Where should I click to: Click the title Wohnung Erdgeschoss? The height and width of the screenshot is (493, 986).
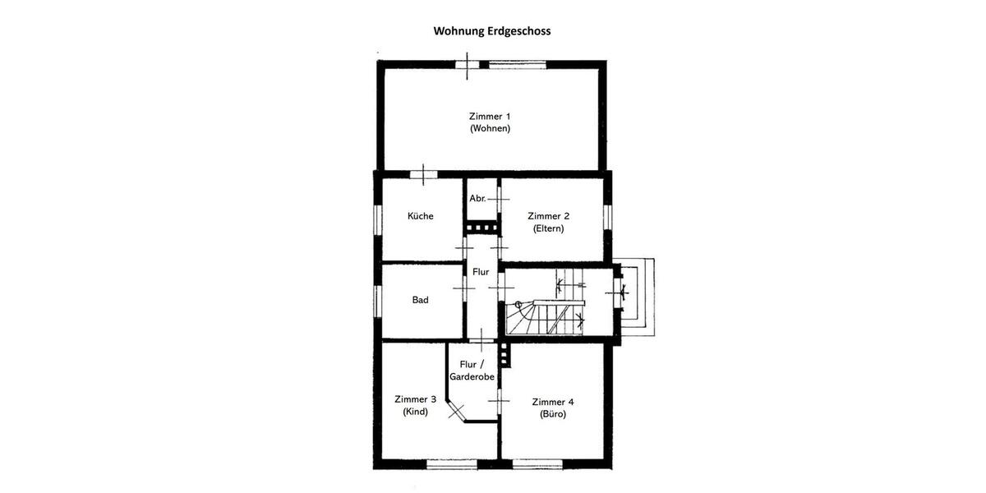click(492, 31)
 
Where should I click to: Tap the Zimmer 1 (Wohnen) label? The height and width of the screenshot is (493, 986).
click(490, 122)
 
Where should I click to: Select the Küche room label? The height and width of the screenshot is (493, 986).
click(421, 216)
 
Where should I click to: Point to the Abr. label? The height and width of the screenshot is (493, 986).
click(477, 199)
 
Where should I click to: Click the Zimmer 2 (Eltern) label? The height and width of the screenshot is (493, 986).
click(548, 222)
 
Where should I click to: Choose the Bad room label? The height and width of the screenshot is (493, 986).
click(420, 300)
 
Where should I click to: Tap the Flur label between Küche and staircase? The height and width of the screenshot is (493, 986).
click(481, 271)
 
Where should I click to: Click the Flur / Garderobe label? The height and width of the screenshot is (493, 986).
click(471, 371)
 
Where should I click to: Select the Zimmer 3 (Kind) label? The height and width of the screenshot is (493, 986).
click(415, 406)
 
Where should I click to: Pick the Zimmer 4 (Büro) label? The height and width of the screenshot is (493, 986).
click(553, 408)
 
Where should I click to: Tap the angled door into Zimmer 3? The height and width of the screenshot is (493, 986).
click(456, 409)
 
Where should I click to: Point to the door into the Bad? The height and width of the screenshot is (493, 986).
click(464, 288)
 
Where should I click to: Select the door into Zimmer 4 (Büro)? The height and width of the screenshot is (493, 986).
click(499, 399)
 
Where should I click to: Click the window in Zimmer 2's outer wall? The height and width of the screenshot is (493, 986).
click(608, 216)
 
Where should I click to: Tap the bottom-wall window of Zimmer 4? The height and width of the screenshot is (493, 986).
click(537, 465)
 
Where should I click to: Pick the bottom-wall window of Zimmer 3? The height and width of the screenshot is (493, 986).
click(452, 465)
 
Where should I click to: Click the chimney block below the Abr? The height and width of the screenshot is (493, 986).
click(481, 228)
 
